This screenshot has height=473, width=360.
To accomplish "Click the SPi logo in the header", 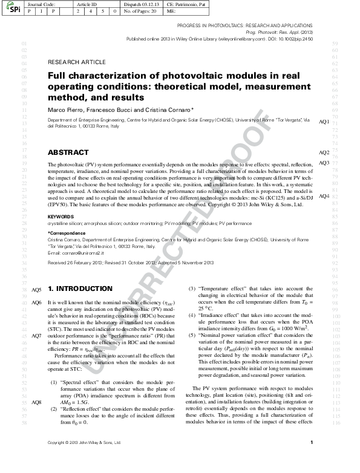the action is pos(12,9).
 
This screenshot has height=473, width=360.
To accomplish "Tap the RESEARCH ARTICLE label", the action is pos(76,62).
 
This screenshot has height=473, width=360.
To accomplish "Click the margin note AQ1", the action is pos(324,122).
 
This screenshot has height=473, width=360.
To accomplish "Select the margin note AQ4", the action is pos(324,197).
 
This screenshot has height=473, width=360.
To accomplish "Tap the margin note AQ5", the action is pos(36,290).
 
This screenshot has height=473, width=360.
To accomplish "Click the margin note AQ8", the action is pos(36,402).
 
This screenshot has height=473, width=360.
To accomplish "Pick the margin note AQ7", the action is pos(36,336).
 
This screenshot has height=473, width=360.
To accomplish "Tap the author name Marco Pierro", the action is pos(67,111).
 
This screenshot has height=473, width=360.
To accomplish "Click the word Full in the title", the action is pos(58,76).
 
